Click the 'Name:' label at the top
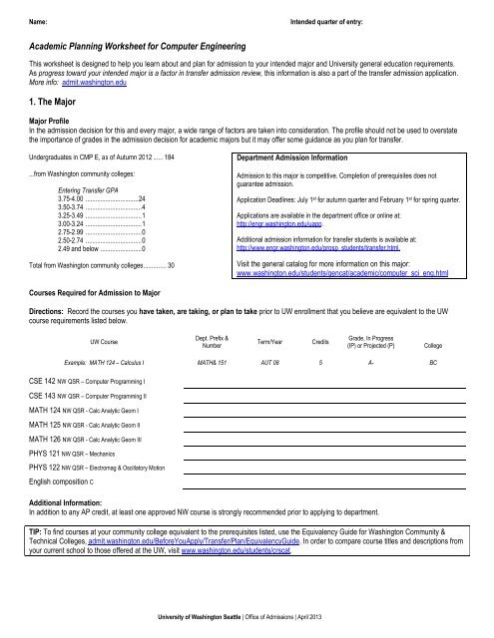pyautogui.click(x=14, y=19)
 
